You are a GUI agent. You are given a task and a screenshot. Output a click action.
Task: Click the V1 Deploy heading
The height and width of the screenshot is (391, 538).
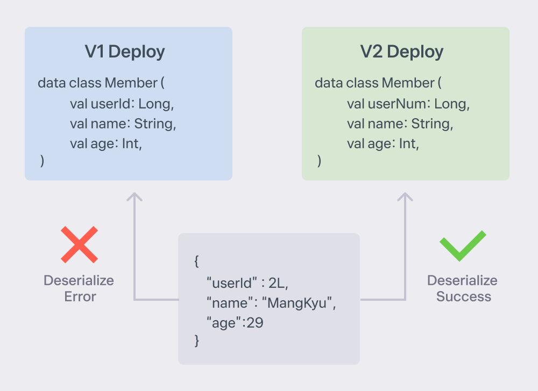click(125, 52)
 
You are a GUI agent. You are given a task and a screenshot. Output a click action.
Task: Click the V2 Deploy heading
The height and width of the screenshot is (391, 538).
click(402, 52)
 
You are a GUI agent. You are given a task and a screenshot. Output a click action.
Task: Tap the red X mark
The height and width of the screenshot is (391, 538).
click(79, 244)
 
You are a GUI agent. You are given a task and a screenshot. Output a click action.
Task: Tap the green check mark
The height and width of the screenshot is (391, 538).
click(463, 246)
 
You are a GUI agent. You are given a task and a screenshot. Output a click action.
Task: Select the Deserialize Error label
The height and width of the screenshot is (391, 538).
click(79, 288)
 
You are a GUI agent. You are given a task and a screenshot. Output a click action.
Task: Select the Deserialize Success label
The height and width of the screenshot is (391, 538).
click(463, 288)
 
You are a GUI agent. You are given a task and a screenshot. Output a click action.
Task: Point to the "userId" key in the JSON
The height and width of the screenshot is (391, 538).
click(231, 283)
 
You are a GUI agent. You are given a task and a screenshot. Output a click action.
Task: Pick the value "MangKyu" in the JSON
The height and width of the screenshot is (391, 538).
click(297, 303)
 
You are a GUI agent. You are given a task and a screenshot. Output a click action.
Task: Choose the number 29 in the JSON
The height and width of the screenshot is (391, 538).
click(255, 323)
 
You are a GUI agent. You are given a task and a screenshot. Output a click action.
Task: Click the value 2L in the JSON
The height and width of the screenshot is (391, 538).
click(277, 283)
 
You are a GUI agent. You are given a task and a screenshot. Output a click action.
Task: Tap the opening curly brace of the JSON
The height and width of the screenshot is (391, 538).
click(196, 261)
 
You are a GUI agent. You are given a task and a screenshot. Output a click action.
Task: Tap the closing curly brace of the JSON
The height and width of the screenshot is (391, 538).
click(196, 341)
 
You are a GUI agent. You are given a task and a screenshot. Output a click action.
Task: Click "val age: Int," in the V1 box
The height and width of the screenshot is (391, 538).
click(106, 144)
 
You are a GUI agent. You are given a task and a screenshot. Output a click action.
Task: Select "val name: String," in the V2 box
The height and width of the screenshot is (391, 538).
click(400, 124)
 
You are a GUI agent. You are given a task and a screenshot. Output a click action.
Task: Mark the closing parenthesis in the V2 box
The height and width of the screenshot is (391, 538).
click(319, 161)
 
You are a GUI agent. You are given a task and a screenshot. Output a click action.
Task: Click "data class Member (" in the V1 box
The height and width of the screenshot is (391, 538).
click(101, 83)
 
